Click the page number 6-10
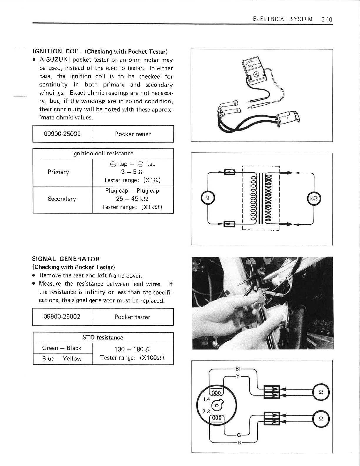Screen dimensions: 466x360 pyautogui.click(x=326, y=19)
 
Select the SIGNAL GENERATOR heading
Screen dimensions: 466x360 pyautogui.click(x=66, y=259)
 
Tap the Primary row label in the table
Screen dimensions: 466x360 pyautogui.click(x=58, y=172)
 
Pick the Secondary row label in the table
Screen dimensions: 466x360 pyautogui.click(x=62, y=199)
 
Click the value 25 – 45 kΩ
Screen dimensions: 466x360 pyautogui.click(x=130, y=199)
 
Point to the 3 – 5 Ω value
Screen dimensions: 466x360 pyautogui.click(x=130, y=172)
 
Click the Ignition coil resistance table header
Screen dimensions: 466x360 pyautogui.click(x=103, y=153)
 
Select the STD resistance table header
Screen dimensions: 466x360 pyautogui.click(x=103, y=337)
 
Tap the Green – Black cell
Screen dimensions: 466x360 pyautogui.click(x=62, y=348)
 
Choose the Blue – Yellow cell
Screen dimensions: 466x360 pyautogui.click(x=62, y=359)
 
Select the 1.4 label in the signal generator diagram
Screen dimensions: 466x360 pyautogui.click(x=206, y=399)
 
